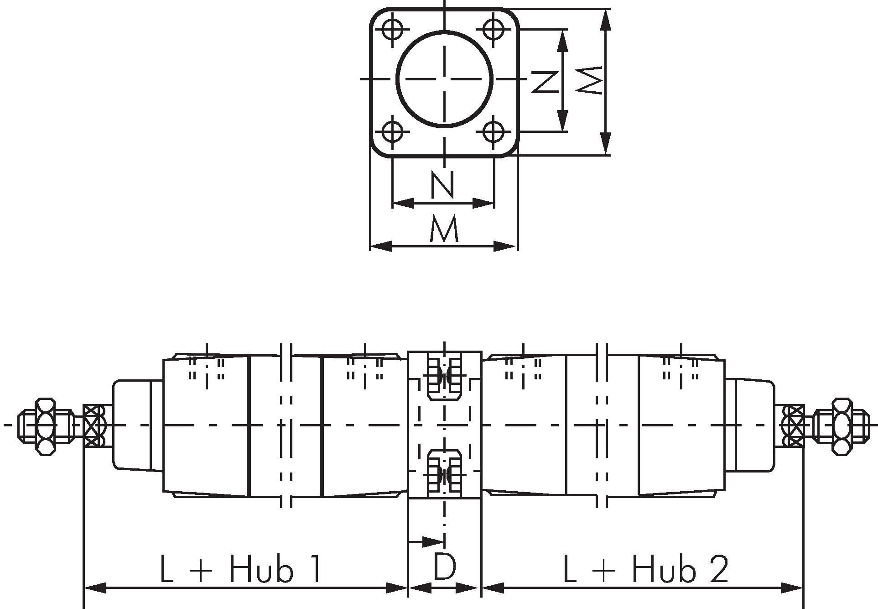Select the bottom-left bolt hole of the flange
point(392,132)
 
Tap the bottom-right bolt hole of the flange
point(494,132)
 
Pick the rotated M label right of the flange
point(589,80)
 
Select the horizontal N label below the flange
point(443,184)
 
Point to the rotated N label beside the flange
point(545,82)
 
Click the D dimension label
point(444,567)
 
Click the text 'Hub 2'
point(680,568)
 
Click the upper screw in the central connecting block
point(444,376)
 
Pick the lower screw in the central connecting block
point(444,473)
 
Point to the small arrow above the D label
point(426,542)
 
